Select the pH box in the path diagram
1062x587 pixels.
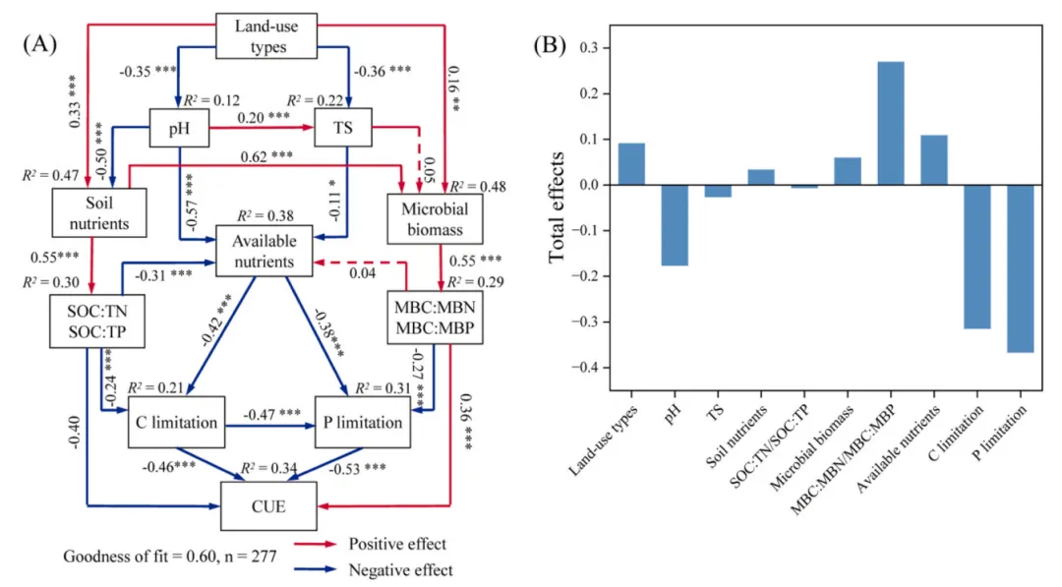pyautogui.click(x=181, y=128)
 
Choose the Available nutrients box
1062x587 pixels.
pyautogui.click(x=265, y=250)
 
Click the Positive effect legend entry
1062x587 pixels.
pyautogui.click(x=397, y=544)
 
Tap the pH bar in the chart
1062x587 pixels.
pyautogui.click(x=674, y=225)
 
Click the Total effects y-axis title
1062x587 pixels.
pyautogui.click(x=558, y=206)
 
